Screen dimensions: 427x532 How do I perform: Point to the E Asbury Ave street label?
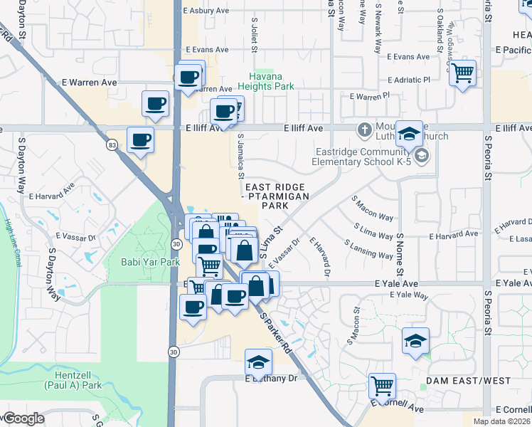[x=206, y=11]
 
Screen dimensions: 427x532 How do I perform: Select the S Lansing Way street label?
[x=368, y=249]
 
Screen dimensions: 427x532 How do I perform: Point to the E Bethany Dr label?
[x=271, y=379]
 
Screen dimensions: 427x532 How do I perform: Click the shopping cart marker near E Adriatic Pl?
[x=462, y=72]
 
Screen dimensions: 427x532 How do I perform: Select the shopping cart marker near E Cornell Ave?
[x=382, y=386]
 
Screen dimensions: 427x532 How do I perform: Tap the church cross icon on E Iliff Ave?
[x=364, y=130]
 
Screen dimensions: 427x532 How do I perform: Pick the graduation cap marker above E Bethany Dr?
[x=258, y=362]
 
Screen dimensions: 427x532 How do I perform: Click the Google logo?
[x=23, y=418]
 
